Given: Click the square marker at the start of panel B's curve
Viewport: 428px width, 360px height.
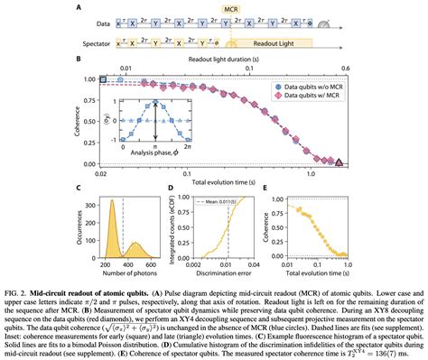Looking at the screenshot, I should [103, 81].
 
